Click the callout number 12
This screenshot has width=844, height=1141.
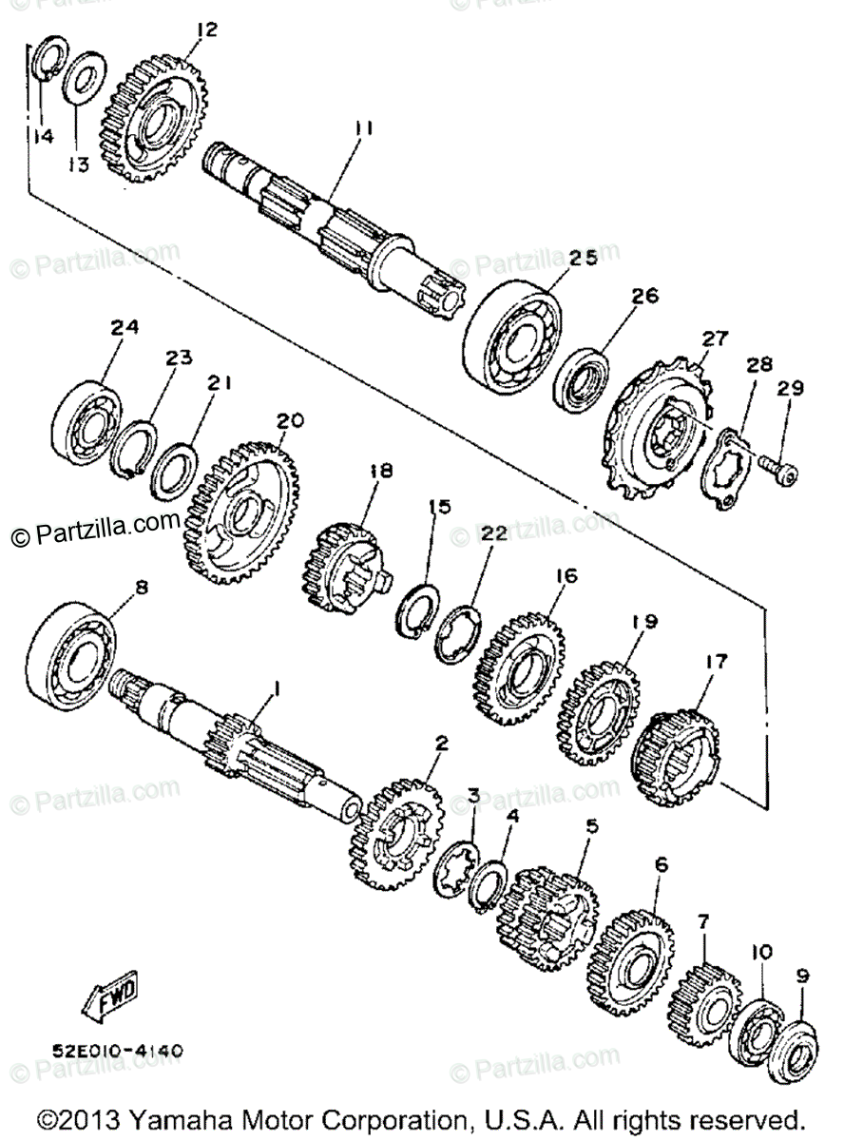click(206, 30)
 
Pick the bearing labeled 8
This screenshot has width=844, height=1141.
click(71, 657)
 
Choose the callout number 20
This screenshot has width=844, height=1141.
click(290, 420)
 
